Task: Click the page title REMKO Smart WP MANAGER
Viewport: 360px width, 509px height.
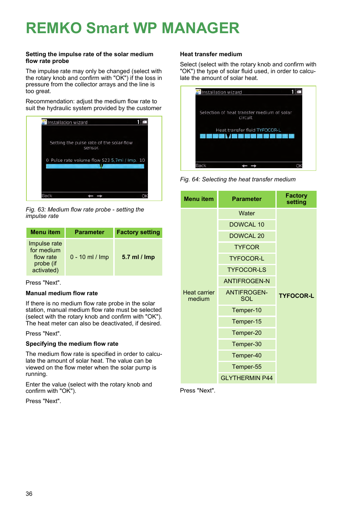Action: (x=132, y=28)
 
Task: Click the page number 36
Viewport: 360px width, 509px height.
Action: (x=29, y=494)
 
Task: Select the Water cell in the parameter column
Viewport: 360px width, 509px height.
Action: (x=247, y=213)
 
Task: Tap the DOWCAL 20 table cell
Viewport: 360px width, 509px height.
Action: (x=247, y=236)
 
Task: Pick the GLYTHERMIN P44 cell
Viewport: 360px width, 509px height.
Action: (x=247, y=378)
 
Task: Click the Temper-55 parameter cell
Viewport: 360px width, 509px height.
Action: (x=247, y=366)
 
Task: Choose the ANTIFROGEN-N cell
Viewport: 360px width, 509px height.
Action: (x=247, y=281)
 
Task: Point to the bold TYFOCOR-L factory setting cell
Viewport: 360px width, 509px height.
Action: (x=296, y=296)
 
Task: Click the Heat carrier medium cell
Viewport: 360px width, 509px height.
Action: (x=199, y=296)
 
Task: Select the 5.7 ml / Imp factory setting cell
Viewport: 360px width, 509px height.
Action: (x=138, y=257)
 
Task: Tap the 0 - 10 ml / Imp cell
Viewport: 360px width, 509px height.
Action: (x=89, y=257)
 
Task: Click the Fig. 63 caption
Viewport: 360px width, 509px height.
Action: (x=85, y=213)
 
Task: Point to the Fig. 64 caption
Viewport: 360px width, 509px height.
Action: (x=238, y=179)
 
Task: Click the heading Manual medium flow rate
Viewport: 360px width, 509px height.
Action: (x=62, y=293)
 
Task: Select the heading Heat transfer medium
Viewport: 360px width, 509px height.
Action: (x=211, y=54)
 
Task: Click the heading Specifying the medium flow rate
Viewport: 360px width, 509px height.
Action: (x=72, y=344)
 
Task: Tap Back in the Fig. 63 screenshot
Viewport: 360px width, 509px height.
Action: (x=47, y=196)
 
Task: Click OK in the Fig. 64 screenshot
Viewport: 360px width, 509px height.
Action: (x=299, y=166)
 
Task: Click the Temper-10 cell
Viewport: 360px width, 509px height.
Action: (x=247, y=310)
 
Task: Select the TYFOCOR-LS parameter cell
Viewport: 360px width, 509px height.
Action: (x=247, y=270)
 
